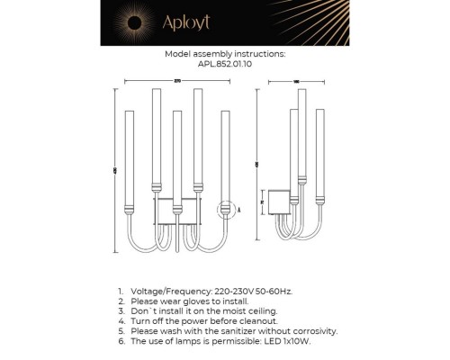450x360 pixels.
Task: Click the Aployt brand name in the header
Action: point(193,22)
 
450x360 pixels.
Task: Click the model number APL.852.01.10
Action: point(226,65)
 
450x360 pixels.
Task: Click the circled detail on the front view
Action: point(224,211)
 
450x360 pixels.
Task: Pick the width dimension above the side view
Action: point(296,81)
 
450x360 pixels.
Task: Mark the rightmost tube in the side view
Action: point(319,157)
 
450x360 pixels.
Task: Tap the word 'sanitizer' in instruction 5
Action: point(235,329)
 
